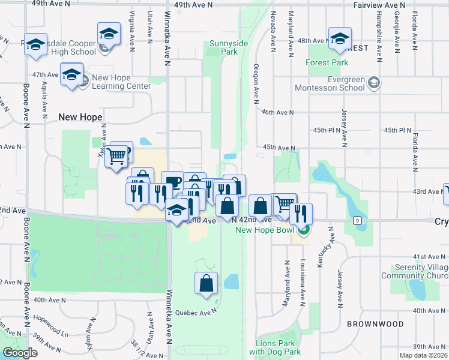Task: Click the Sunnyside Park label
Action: tap(224, 47)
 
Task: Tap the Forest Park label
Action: tap(327, 62)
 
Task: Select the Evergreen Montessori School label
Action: tap(330, 83)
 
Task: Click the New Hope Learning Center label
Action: tap(121, 82)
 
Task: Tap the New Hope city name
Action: tap(80, 117)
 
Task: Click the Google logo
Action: tap(20, 353)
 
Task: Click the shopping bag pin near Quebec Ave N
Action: tap(206, 284)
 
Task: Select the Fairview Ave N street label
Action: tap(379, 5)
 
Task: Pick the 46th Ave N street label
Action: tap(277, 112)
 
